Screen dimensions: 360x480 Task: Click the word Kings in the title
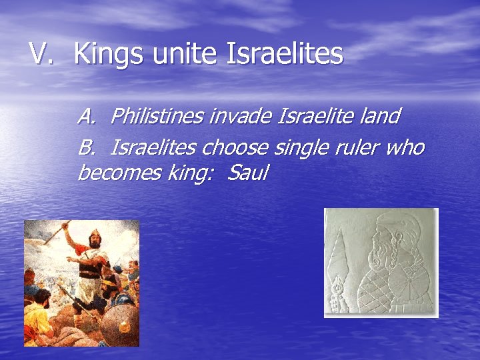pyautogui.click(x=109, y=54)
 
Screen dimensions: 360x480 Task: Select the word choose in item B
pyautogui.click(x=235, y=146)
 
